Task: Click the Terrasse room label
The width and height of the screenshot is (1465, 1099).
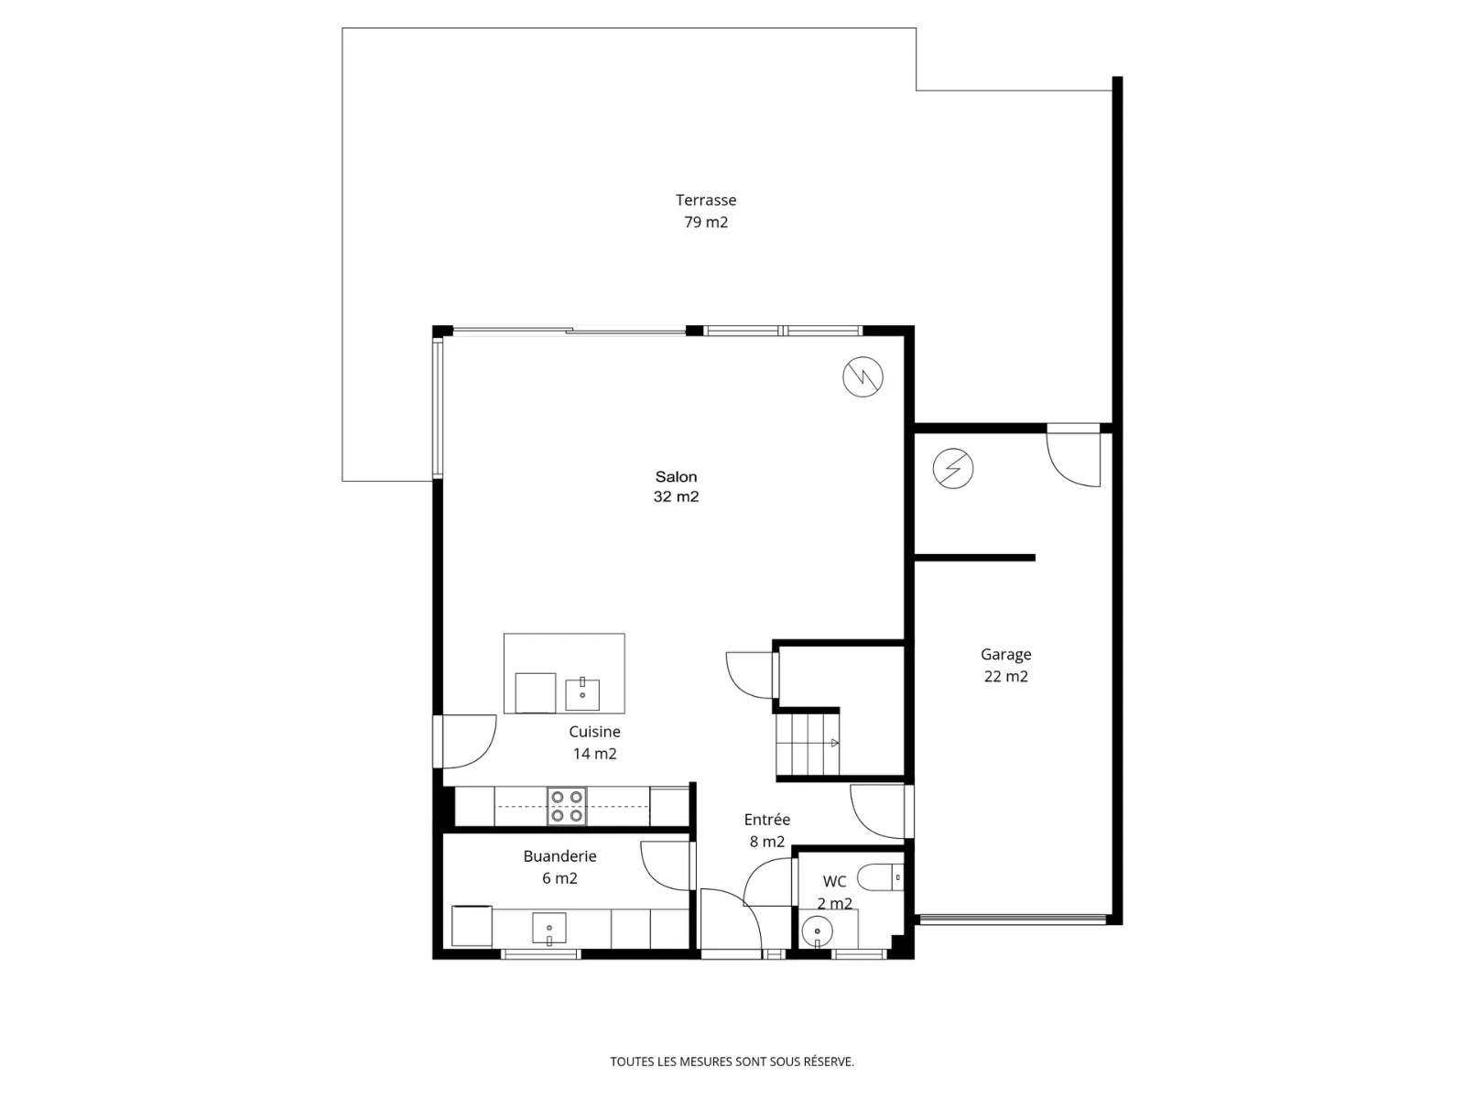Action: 705,211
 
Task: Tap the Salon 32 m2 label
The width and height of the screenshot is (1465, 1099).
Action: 676,486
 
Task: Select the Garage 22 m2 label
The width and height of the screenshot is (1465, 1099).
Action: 1005,665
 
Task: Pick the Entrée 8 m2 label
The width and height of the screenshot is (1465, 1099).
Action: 767,830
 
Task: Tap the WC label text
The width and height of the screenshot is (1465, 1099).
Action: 834,881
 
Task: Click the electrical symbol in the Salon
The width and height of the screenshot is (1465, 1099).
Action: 863,377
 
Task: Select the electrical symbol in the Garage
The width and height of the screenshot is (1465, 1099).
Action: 952,468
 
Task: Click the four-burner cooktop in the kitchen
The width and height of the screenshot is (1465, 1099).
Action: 567,806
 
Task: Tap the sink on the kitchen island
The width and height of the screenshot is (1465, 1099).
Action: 582,694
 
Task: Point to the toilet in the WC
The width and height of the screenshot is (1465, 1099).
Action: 880,877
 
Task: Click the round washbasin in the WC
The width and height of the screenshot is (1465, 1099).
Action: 817,930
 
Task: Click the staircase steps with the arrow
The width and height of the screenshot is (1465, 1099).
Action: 808,744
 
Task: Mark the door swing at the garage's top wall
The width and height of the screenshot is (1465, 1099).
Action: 1072,455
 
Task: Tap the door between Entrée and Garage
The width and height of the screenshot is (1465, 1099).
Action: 881,811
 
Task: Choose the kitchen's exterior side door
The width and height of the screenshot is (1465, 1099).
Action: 464,741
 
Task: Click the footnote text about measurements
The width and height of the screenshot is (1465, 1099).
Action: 732,1061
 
